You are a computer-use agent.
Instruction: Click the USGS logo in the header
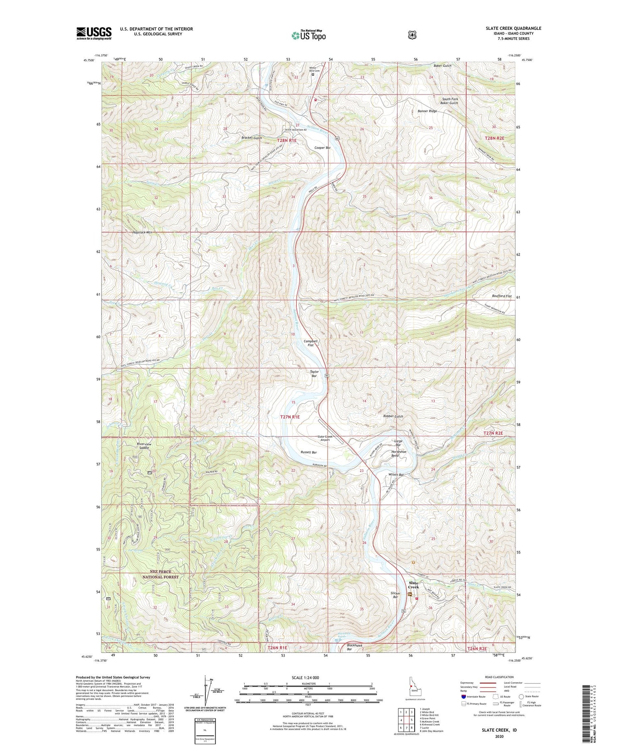point(94,33)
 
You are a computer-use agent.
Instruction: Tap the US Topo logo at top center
point(309,35)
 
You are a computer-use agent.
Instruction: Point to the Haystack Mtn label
point(142,232)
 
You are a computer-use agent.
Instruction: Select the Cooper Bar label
point(322,148)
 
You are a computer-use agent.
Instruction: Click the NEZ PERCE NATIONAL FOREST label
point(160,574)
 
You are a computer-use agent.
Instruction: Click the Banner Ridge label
point(427,111)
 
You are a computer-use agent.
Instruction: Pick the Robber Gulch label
point(393,416)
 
